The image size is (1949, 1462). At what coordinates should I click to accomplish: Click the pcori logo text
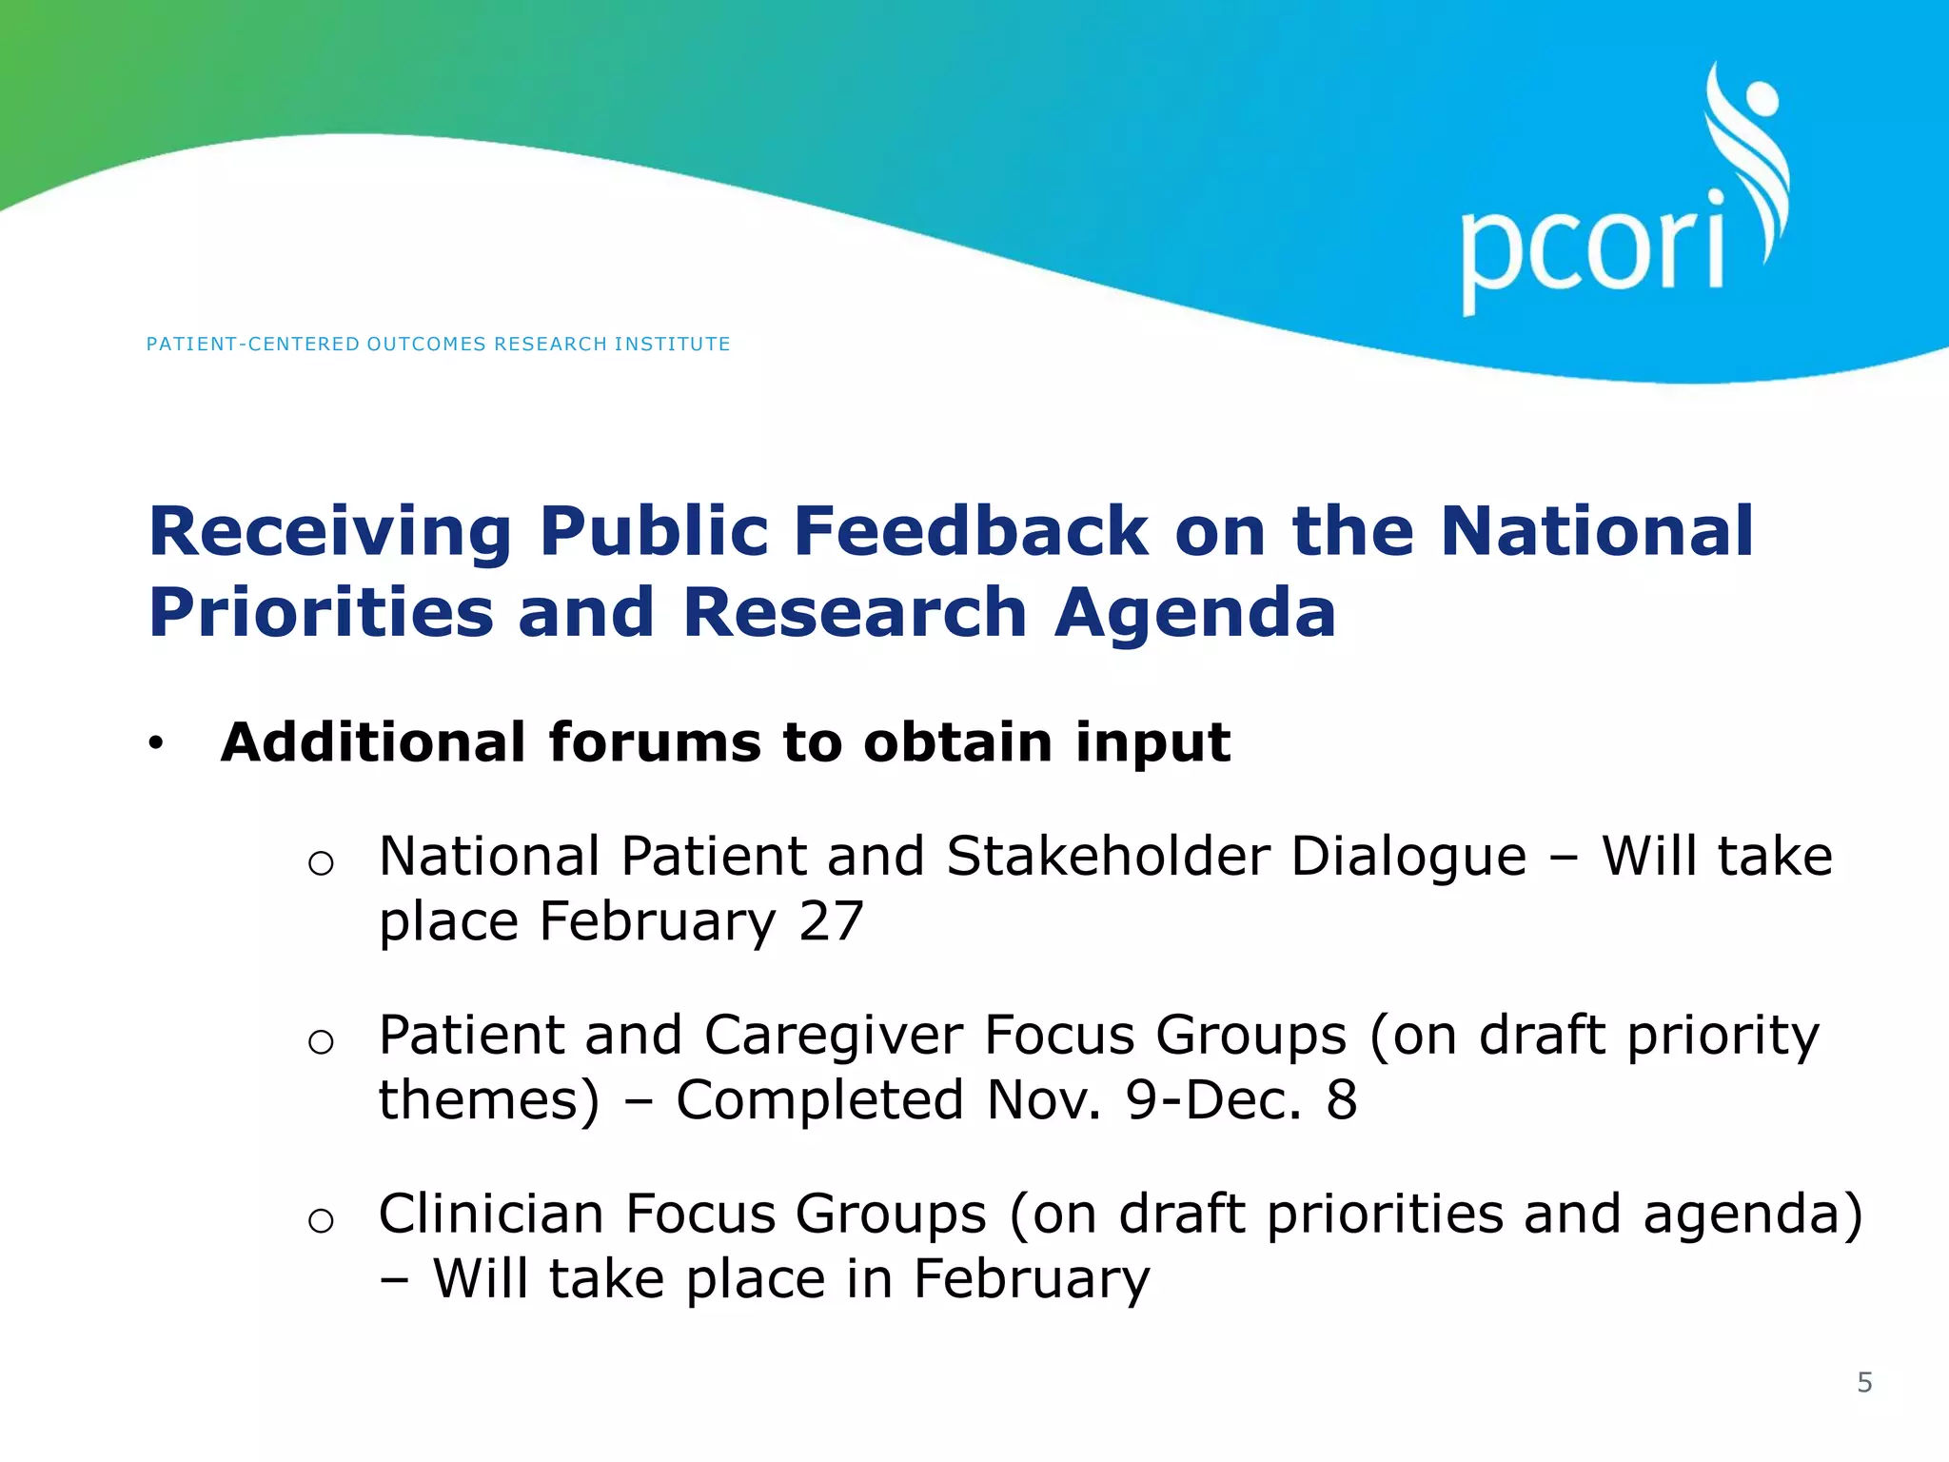point(1591,249)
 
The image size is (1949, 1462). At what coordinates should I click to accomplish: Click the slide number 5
point(1864,1382)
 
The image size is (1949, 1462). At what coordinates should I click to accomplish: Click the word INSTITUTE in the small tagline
point(672,345)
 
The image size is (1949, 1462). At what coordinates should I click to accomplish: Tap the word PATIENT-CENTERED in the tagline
point(253,345)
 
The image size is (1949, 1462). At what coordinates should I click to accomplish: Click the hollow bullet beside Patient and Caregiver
point(321,1042)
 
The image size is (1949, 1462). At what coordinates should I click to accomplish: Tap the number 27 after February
point(831,921)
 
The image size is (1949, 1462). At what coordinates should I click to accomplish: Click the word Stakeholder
point(1108,857)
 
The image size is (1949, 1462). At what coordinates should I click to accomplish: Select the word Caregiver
point(833,1036)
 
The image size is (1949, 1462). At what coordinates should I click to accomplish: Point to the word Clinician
point(491,1215)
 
